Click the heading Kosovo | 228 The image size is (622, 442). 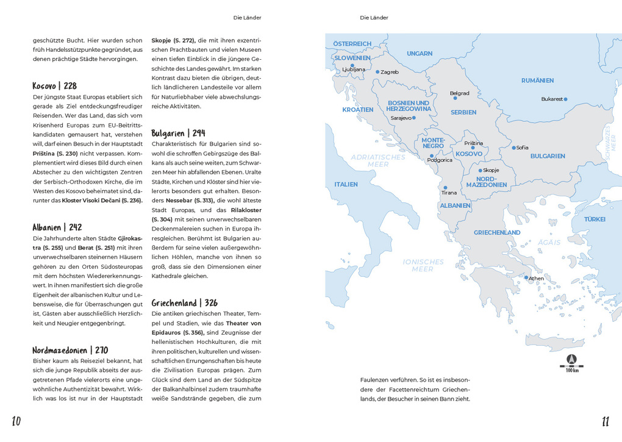[55, 86]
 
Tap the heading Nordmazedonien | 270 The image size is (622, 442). [70, 350]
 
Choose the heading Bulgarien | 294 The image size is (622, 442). [179, 133]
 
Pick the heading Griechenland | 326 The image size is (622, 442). [184, 303]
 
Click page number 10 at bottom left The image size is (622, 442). [16, 421]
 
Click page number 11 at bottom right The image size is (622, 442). [605, 421]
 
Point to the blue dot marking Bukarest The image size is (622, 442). [566, 99]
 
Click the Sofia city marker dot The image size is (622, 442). [514, 148]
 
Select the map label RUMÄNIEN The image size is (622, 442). [537, 80]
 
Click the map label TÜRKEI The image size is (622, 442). [595, 219]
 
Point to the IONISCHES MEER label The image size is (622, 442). [423, 265]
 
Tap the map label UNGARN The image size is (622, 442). [420, 54]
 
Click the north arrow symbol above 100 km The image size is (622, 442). [571, 359]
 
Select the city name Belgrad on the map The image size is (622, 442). [459, 93]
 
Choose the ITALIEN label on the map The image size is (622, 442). [346, 184]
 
